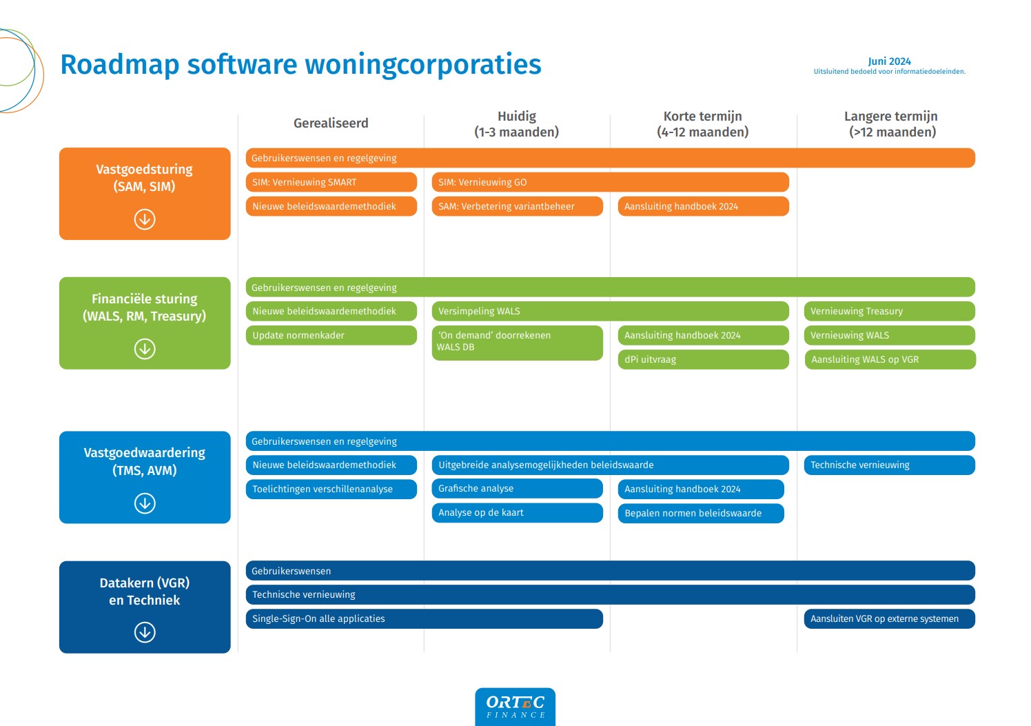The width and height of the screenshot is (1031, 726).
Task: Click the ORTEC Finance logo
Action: pyautogui.click(x=515, y=707)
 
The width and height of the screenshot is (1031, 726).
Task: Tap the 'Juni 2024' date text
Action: pyautogui.click(x=889, y=61)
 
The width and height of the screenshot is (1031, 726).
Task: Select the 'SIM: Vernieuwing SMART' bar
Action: pyautogui.click(x=331, y=182)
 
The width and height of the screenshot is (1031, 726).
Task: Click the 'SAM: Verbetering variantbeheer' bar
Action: pyautogui.click(x=517, y=206)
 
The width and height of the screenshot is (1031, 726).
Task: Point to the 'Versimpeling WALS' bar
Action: pyautogui.click(x=610, y=311)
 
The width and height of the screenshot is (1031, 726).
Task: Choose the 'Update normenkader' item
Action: pyautogui.click(x=331, y=335)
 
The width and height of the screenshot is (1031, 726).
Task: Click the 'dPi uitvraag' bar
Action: pyautogui.click(x=703, y=359)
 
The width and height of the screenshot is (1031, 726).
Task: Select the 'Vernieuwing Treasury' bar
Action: pyautogui.click(x=889, y=311)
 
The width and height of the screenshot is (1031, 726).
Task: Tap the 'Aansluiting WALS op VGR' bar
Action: pyautogui.click(x=890, y=359)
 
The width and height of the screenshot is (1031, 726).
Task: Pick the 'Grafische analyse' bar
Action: pyautogui.click(x=517, y=488)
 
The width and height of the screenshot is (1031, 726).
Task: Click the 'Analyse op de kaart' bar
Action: pyautogui.click(x=517, y=512)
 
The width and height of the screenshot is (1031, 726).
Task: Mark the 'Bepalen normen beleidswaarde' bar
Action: pyautogui.click(x=701, y=513)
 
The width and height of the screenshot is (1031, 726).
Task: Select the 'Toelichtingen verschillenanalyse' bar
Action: pyautogui.click(x=331, y=489)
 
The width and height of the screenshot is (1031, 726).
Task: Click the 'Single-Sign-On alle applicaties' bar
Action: pyautogui.click(x=424, y=618)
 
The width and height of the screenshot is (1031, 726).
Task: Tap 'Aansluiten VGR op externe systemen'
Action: pyautogui.click(x=889, y=618)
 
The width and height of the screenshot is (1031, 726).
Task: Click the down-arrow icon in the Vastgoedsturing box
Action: pyautogui.click(x=145, y=219)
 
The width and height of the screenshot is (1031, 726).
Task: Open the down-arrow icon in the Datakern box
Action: pyautogui.click(x=145, y=632)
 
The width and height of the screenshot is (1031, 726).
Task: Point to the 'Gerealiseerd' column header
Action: pyautogui.click(x=331, y=123)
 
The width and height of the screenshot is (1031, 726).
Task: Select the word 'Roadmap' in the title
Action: pyautogui.click(x=120, y=64)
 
